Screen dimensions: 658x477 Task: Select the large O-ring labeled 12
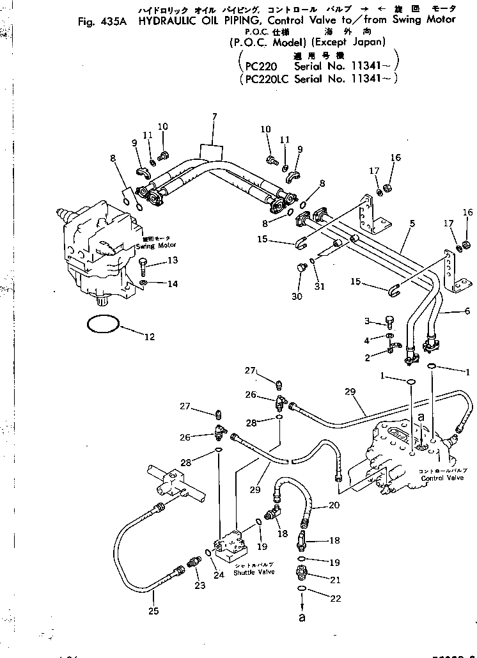102,324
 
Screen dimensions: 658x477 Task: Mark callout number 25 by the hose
153,611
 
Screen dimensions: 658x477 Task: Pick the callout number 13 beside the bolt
172,260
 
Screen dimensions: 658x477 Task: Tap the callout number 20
333,505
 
